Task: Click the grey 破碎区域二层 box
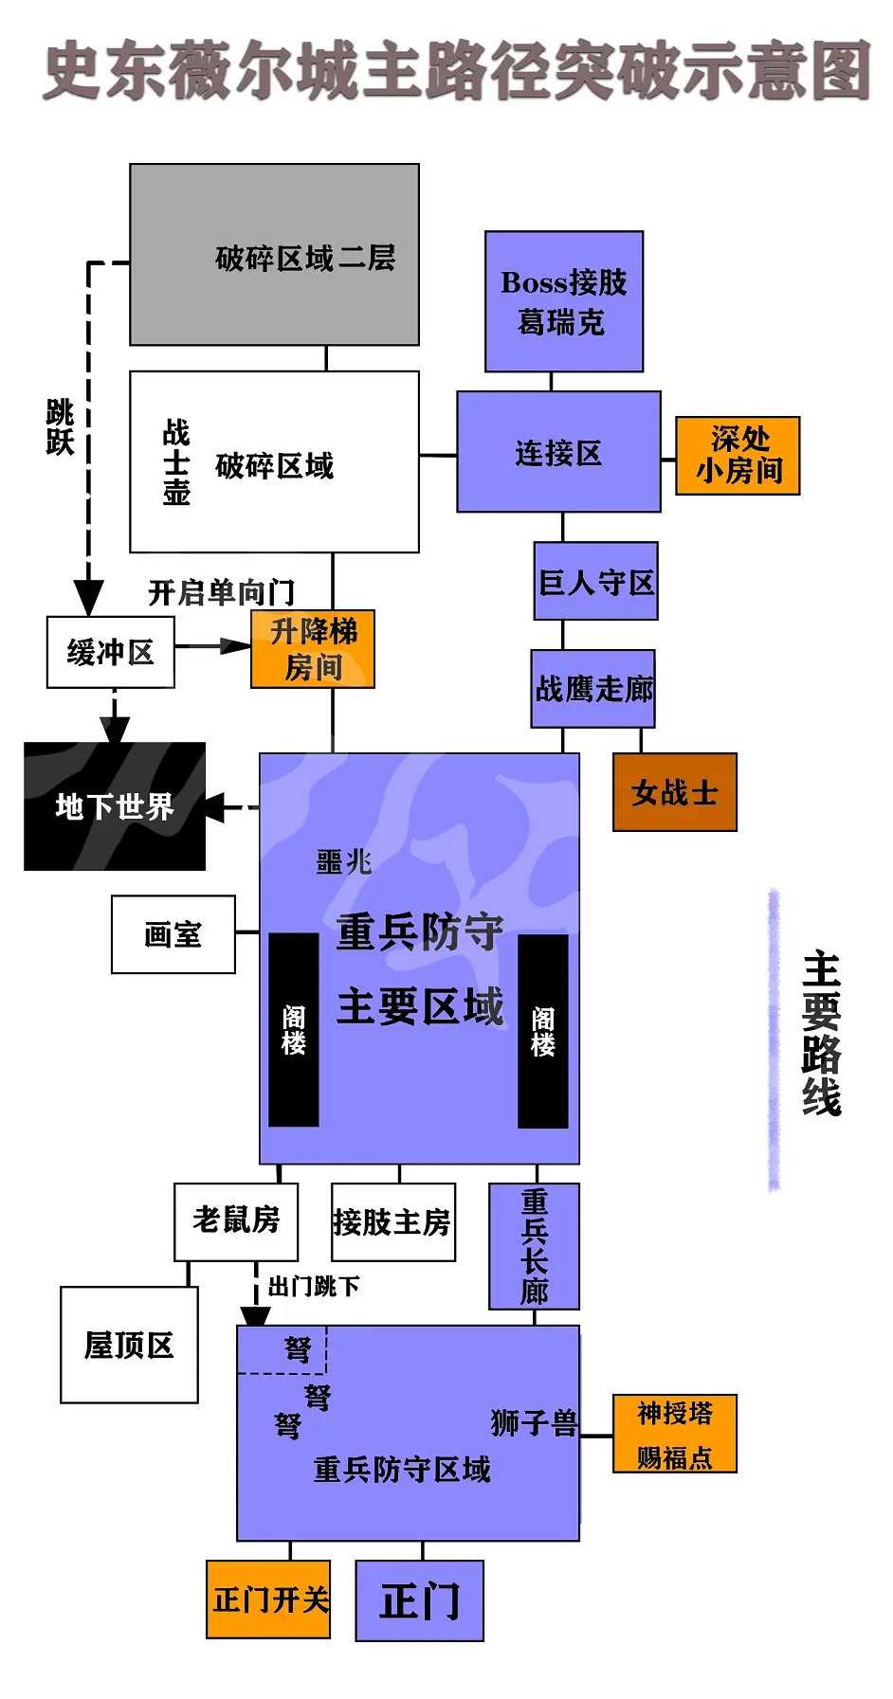point(274,254)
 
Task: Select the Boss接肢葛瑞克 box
point(564,301)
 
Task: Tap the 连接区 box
point(558,452)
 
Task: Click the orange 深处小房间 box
point(738,456)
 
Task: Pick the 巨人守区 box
point(595,581)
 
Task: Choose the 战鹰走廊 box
point(592,689)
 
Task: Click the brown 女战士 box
point(674,792)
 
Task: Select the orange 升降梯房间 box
point(313,649)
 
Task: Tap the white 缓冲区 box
point(110,652)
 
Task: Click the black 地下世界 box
point(115,806)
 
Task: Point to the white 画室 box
point(173,934)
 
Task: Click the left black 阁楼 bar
point(294,1030)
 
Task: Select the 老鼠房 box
point(236,1221)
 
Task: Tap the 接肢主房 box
point(392,1222)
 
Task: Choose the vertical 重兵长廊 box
point(534,1246)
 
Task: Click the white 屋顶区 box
point(129,1345)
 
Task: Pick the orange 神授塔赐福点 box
point(674,1434)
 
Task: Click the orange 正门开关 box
point(268,1600)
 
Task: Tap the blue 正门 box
point(419,1600)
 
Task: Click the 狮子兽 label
point(534,1422)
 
